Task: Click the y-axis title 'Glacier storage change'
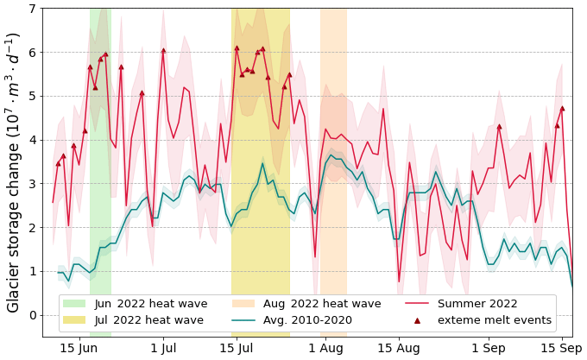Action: (13, 173)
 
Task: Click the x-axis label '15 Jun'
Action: (79, 348)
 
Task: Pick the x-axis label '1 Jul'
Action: (163, 348)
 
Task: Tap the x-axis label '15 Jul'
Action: (237, 348)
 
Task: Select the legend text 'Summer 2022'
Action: (477, 304)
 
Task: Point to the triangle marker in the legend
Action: (417, 320)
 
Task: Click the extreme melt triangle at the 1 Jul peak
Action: (163, 50)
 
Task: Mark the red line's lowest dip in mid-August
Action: (399, 281)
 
